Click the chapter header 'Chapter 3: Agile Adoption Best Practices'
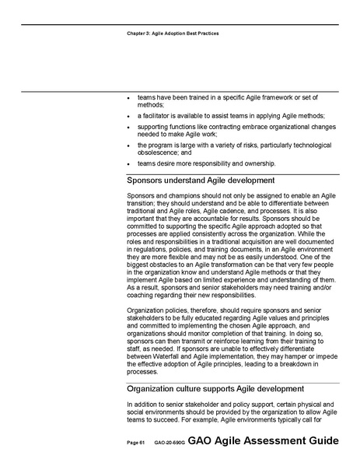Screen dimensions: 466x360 [x=171, y=35]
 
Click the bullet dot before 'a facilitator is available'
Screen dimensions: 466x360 [x=129, y=115]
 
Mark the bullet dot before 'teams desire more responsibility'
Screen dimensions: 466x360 [x=129, y=164]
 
